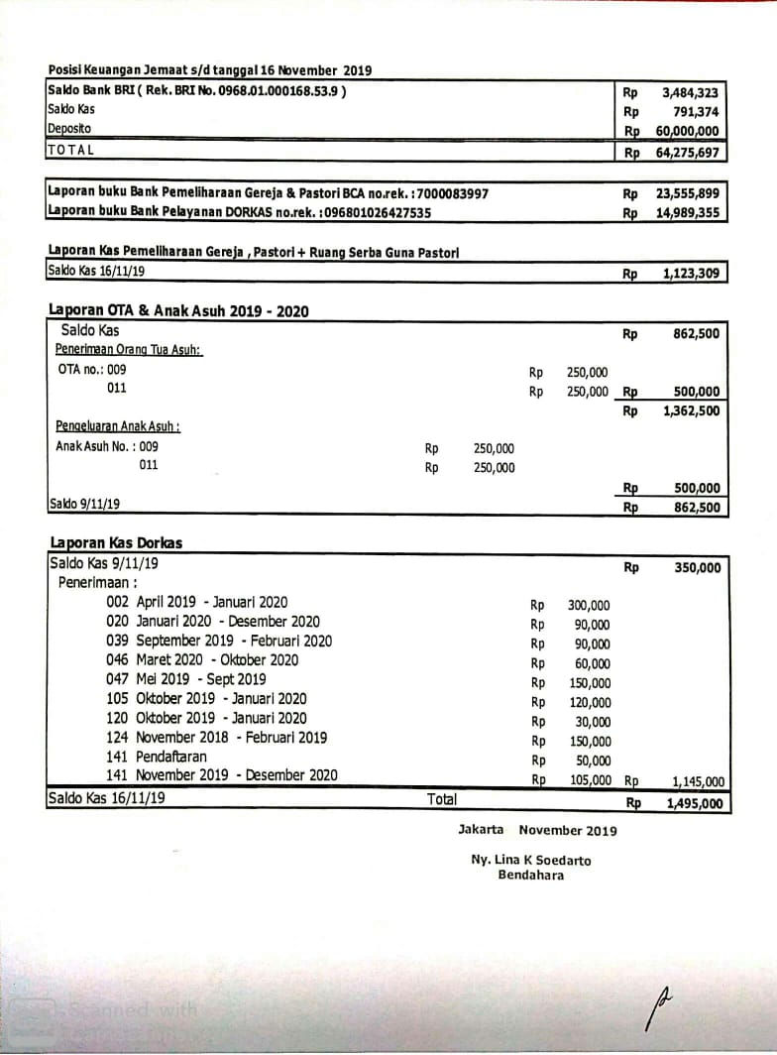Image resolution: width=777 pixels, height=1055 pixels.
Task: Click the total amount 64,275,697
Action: tap(687, 153)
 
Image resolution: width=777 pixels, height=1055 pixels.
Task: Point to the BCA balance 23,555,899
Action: tap(687, 194)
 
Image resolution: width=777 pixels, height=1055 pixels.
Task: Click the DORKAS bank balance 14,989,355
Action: tap(687, 213)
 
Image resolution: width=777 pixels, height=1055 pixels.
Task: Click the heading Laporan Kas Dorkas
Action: tap(115, 543)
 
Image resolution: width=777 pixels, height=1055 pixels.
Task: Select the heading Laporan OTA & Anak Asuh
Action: tap(178, 310)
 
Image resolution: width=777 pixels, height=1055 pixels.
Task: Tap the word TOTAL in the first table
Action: tap(70, 150)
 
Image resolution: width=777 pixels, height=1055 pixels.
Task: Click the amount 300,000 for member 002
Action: tap(589, 606)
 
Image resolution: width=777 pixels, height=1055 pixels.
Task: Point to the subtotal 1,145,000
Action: tap(696, 781)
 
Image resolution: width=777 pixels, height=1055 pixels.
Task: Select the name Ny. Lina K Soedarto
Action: tap(530, 861)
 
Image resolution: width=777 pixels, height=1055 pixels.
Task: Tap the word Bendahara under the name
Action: tap(530, 876)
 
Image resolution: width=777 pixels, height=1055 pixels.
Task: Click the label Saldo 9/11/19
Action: tap(84, 504)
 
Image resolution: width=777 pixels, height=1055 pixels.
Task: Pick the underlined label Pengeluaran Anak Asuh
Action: tap(117, 426)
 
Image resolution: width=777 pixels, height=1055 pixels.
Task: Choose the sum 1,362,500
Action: tap(691, 410)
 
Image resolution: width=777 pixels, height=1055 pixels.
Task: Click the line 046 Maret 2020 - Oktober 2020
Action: tap(202, 660)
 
